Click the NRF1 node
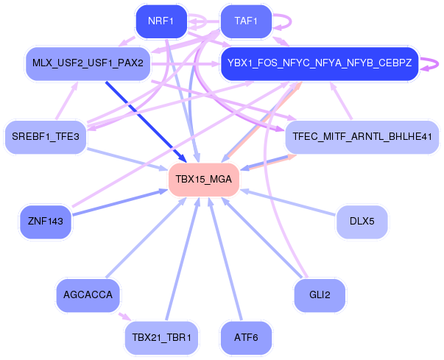[x=161, y=21]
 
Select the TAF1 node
[x=246, y=21]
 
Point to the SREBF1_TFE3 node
[x=46, y=137]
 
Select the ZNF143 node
[x=46, y=220]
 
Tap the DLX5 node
[x=362, y=220]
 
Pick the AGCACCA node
[x=88, y=295]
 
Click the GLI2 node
[x=319, y=295]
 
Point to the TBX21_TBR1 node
[x=161, y=338]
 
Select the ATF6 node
[x=246, y=338]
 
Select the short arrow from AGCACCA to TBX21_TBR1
[x=124, y=317]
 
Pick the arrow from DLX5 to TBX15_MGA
[x=287, y=202]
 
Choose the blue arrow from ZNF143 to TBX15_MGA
[x=118, y=203]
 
